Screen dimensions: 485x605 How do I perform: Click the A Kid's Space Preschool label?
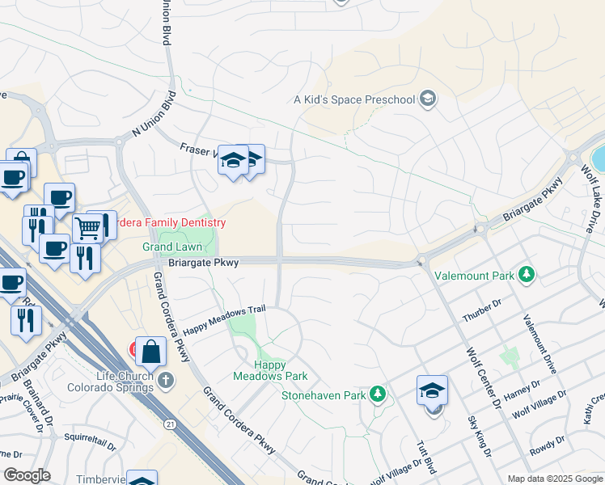(x=353, y=100)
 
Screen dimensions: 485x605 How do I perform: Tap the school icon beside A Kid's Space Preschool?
(x=428, y=100)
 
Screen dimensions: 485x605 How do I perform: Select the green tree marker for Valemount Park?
(x=527, y=276)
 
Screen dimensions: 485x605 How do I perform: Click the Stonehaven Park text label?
(x=323, y=395)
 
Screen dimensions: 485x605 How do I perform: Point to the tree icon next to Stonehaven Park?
(x=377, y=394)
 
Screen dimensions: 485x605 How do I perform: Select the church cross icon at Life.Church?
(x=165, y=380)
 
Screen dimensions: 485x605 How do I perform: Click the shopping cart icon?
(x=87, y=228)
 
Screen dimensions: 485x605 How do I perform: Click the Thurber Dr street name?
(x=481, y=307)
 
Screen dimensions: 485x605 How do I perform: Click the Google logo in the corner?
(x=27, y=474)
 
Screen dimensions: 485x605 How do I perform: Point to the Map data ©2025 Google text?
(x=554, y=479)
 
